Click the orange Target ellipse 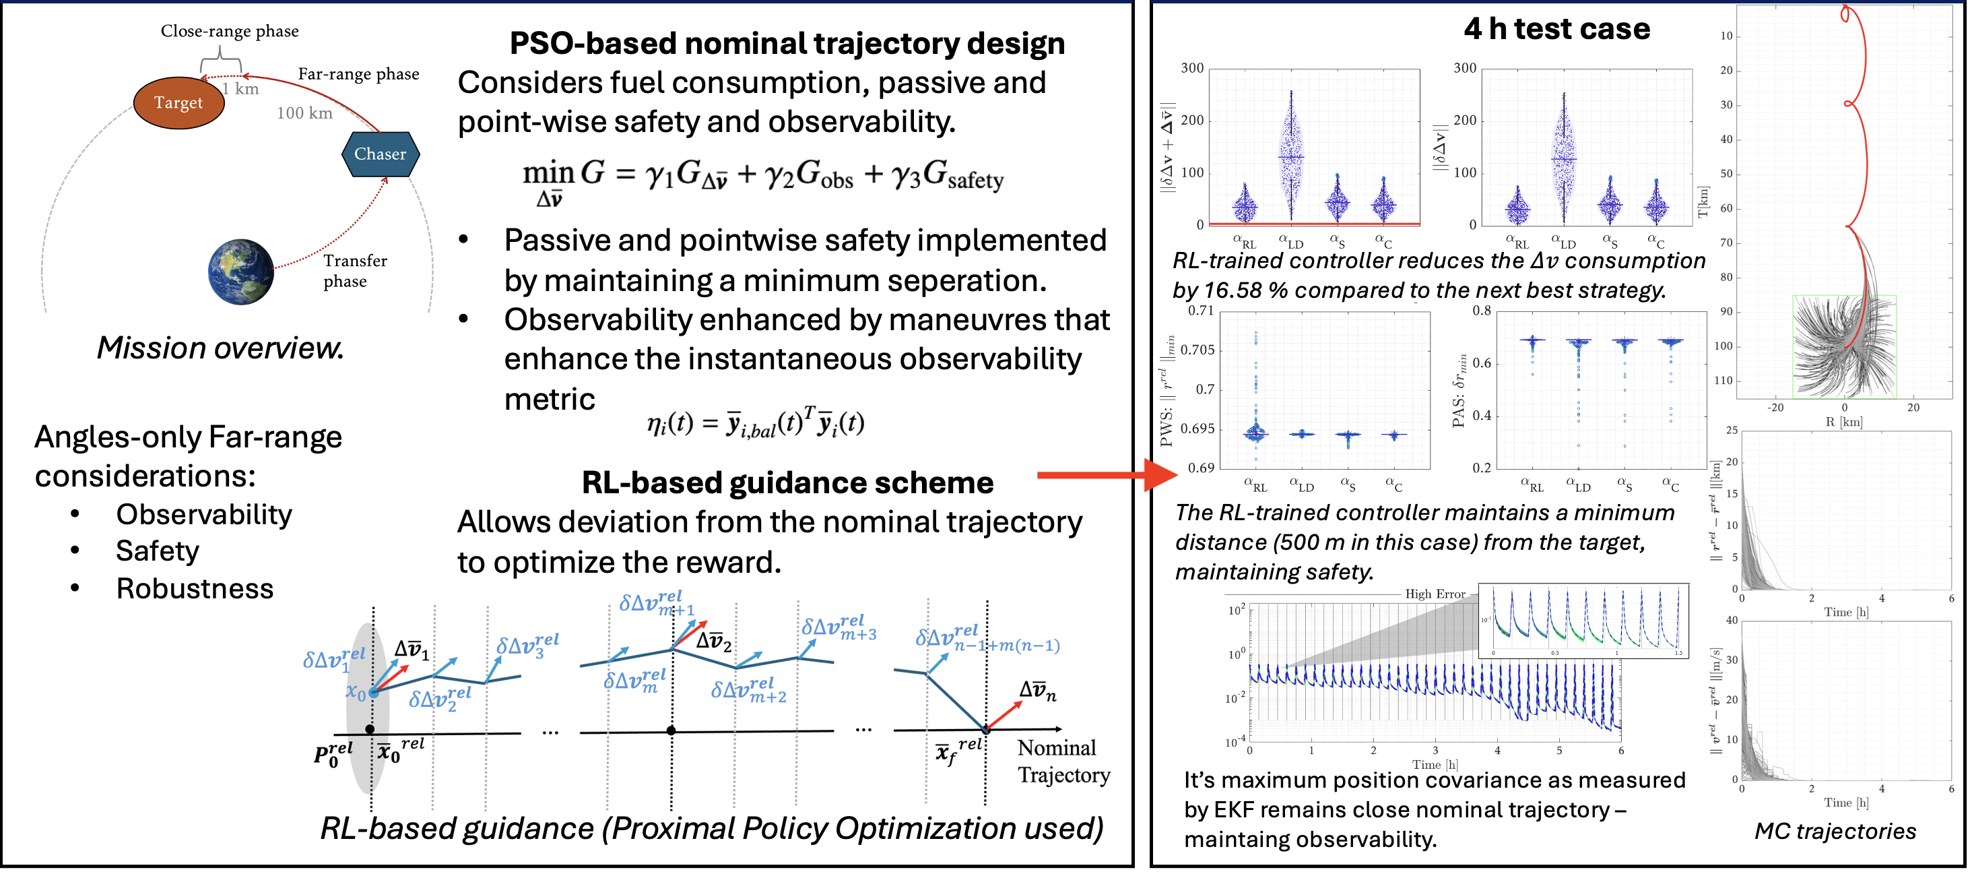[178, 102]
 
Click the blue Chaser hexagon [380, 154]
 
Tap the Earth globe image [241, 272]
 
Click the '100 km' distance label [304, 113]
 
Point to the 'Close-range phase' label [230, 32]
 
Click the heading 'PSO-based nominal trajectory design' [787, 43]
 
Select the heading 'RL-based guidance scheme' [787, 482]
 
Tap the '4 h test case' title [1557, 29]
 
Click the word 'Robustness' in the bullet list [194, 589]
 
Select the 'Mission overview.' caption [220, 348]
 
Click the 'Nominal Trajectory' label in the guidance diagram [1063, 761]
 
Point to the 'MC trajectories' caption [1835, 832]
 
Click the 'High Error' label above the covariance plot [1435, 594]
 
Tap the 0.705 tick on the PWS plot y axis [1197, 350]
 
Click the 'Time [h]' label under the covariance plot [1435, 765]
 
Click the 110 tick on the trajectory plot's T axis [1723, 380]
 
